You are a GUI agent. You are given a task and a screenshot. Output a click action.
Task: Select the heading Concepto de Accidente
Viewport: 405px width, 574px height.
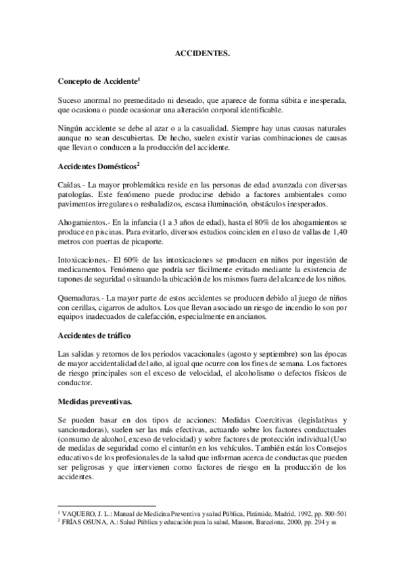pyautogui.click(x=97, y=81)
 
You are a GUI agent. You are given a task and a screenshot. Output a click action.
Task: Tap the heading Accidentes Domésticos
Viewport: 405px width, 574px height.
pyautogui.click(x=98, y=167)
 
